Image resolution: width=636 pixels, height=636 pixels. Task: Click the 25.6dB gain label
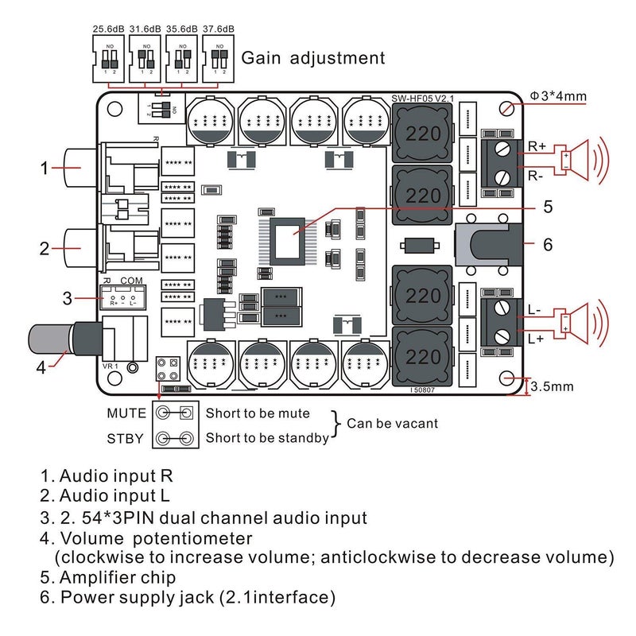[108, 30]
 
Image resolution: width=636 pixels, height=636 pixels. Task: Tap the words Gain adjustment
[313, 57]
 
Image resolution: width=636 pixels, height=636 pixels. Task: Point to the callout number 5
[547, 207]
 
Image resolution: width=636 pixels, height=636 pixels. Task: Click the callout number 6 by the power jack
[547, 244]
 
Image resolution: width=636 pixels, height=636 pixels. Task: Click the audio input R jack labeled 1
[79, 168]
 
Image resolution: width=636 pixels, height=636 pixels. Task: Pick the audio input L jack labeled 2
[79, 247]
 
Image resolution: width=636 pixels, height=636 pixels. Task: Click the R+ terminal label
[537, 146]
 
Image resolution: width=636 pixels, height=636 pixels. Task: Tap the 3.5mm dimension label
[554, 387]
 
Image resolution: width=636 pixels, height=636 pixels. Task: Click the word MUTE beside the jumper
[126, 413]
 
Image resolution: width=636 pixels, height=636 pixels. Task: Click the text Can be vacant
[392, 424]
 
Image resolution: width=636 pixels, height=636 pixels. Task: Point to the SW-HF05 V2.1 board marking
[421, 99]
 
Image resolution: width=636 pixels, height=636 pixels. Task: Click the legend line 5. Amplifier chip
[108, 576]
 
